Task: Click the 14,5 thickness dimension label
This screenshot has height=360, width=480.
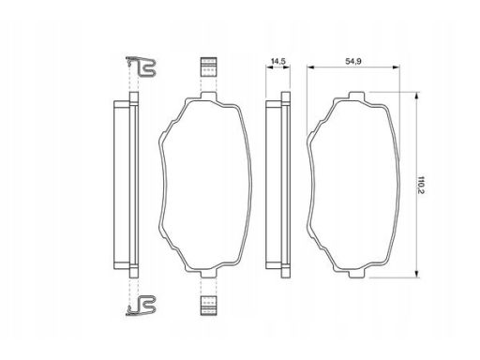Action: pyautogui.click(x=277, y=61)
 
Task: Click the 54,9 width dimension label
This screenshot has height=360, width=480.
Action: pyautogui.click(x=353, y=61)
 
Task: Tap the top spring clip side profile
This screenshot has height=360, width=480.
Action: pyautogui.click(x=141, y=67)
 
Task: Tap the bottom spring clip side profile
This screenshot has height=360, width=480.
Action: pyautogui.click(x=141, y=306)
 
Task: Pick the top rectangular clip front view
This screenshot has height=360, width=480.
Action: pyautogui.click(x=208, y=67)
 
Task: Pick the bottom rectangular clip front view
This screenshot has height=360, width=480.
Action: pyautogui.click(x=208, y=306)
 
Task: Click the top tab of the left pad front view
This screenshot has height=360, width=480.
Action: pyautogui.click(x=208, y=96)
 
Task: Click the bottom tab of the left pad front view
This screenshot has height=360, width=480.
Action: pyautogui.click(x=208, y=274)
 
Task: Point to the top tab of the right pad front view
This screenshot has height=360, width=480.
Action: pyautogui.click(x=356, y=96)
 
